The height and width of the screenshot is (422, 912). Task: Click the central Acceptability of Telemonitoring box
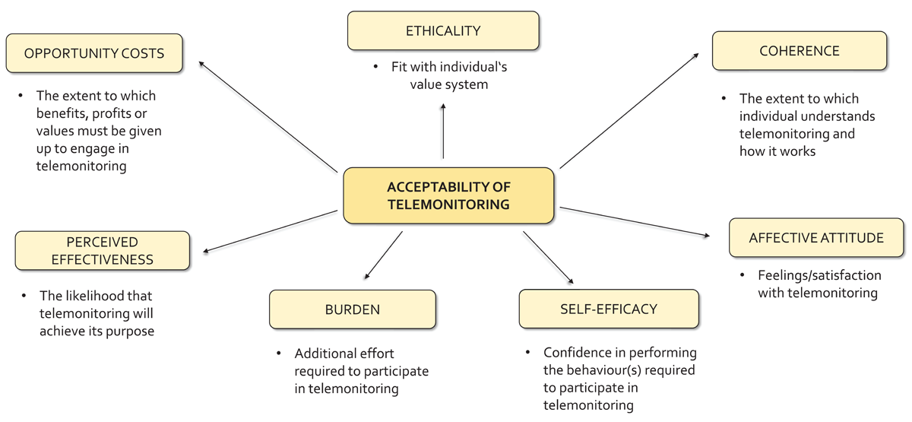(x=448, y=195)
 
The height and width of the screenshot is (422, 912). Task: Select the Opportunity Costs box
(x=94, y=53)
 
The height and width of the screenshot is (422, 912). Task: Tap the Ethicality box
(x=443, y=31)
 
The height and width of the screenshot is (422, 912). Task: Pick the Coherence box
(x=799, y=51)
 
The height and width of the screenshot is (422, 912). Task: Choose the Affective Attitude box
(x=815, y=238)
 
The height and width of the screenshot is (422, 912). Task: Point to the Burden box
(x=352, y=309)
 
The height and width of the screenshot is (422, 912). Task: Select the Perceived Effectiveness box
(x=102, y=251)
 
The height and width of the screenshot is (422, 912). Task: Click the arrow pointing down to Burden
(x=383, y=255)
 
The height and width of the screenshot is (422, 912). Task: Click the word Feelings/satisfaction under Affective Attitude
(x=819, y=275)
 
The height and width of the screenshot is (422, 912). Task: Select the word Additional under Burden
(x=325, y=354)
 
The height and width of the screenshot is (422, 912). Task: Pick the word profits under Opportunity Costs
(x=111, y=113)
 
